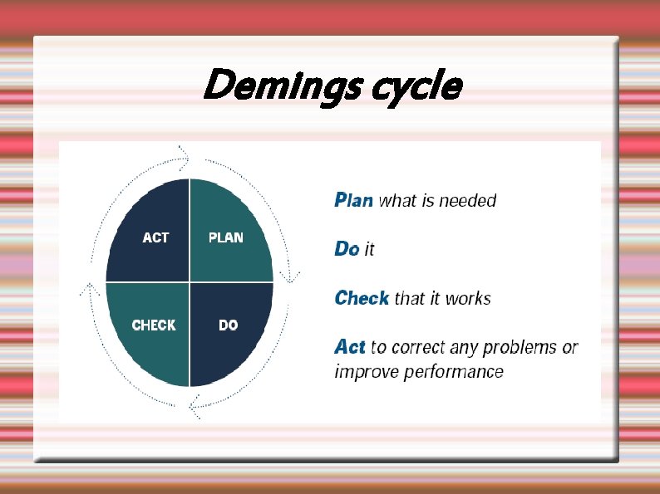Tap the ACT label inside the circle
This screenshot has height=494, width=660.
click(x=155, y=237)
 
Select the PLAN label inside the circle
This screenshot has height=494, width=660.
click(x=225, y=237)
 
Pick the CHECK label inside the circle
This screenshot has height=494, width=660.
click(x=154, y=325)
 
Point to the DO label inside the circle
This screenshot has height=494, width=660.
click(x=229, y=325)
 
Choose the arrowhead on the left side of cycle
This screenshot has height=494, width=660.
click(x=89, y=289)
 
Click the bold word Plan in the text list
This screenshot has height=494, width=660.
click(x=353, y=200)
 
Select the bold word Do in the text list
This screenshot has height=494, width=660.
click(x=347, y=248)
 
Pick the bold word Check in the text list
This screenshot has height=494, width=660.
click(x=362, y=298)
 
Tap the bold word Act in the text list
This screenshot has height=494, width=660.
click(x=350, y=346)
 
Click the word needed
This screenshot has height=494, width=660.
click(x=467, y=200)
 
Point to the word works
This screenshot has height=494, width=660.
click(x=468, y=298)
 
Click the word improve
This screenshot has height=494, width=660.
click(x=366, y=371)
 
